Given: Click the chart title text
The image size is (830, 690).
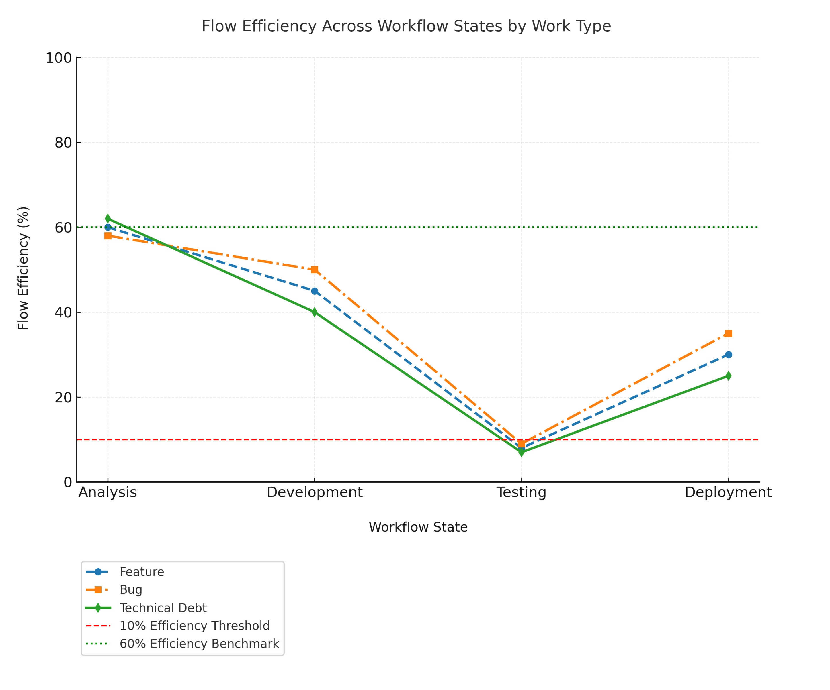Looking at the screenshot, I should coord(406,26).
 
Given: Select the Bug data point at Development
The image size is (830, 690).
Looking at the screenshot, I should coord(315,270).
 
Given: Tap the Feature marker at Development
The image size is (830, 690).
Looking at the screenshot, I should coord(315,291).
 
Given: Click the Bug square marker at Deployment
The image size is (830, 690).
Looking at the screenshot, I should coord(729,333).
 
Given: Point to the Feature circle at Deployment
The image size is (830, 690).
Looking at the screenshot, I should coord(729,355).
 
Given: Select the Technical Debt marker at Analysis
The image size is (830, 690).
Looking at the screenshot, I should coord(108,219).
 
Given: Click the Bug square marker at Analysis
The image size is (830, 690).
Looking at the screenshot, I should coord(108,236).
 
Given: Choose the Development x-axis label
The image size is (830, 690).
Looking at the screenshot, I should coord(315,493).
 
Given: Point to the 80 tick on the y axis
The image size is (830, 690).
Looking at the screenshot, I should coord(63,143).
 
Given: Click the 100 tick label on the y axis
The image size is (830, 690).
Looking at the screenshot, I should coord(59,58).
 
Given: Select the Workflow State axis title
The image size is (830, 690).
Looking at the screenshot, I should coord(418,527).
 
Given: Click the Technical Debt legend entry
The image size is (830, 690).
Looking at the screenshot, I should coord(163,608).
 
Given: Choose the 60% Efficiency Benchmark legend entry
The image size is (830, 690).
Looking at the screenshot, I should coord(199,644).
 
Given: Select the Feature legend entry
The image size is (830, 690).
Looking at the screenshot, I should coord(142,572).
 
